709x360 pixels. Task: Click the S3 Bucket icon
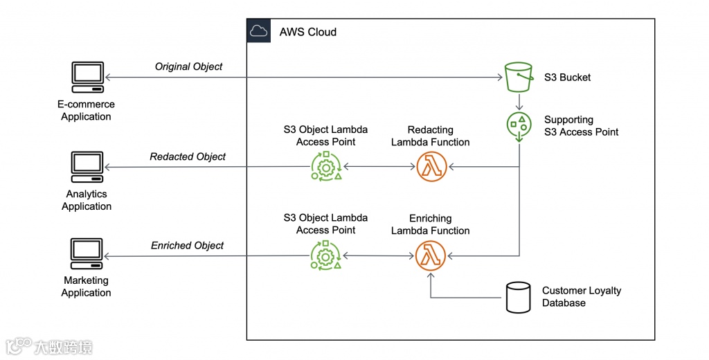(519, 78)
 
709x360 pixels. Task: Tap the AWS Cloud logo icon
(258, 31)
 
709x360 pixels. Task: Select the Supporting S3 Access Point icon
(519, 125)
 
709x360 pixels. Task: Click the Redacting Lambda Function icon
(431, 167)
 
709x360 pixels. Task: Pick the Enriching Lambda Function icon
(431, 255)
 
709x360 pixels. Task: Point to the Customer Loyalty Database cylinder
(517, 297)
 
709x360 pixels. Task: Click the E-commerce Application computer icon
(87, 78)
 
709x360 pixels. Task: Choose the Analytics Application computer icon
(87, 167)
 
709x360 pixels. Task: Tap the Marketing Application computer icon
(87, 255)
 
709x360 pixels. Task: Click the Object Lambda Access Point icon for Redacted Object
(325, 167)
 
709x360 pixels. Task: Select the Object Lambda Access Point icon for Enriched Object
(325, 255)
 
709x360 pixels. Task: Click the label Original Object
(188, 66)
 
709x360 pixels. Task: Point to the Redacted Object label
(188, 156)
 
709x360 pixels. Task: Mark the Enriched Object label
(187, 245)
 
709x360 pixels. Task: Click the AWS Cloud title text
(308, 32)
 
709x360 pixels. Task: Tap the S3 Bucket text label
(567, 78)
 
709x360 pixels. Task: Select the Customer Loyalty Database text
(581, 296)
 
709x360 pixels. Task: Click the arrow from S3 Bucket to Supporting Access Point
(519, 102)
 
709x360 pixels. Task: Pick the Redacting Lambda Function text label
(430, 136)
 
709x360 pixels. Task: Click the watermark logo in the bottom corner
(48, 346)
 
